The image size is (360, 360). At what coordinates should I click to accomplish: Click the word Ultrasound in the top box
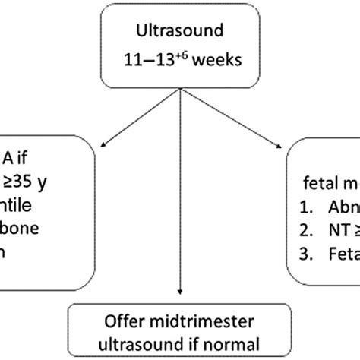pyautogui.click(x=180, y=33)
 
